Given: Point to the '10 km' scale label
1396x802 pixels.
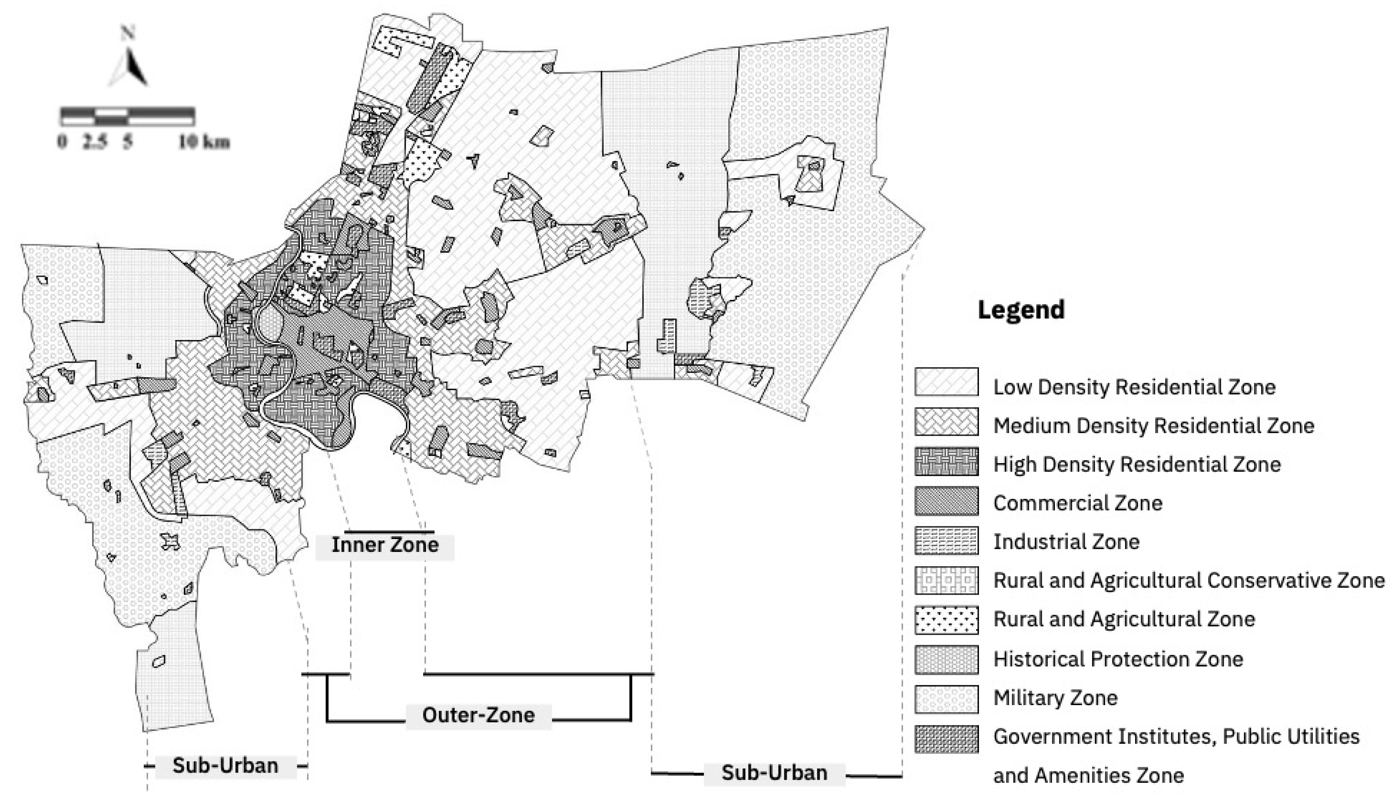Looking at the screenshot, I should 204,142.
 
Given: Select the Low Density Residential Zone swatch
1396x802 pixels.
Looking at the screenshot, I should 946,382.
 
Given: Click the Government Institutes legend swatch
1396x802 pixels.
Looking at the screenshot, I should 946,738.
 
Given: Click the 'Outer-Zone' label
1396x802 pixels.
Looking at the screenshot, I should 478,715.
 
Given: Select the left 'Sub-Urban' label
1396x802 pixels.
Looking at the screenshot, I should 225,766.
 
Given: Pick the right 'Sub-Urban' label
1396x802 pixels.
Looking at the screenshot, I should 774,773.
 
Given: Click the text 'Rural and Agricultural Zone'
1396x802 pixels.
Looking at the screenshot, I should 1124,620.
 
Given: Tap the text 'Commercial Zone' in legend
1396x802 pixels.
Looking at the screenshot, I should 1078,503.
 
